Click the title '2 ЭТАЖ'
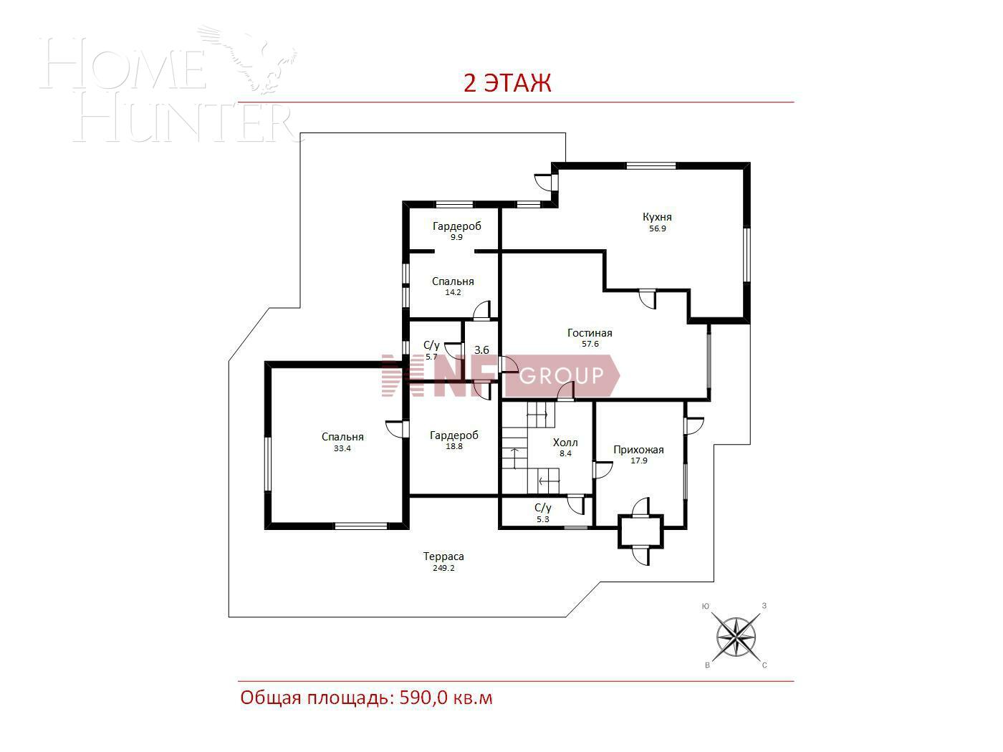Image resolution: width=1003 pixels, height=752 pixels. (x=507, y=83)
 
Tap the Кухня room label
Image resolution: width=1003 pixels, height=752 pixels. (x=657, y=217)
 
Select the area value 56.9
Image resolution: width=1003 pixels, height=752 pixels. (x=657, y=229)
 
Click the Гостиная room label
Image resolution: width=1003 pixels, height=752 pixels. (x=590, y=333)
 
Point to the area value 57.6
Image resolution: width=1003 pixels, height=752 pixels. (x=590, y=344)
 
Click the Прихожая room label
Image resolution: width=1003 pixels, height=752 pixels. (x=638, y=450)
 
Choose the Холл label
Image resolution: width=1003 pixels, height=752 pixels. (x=565, y=443)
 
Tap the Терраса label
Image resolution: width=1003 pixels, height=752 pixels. (x=443, y=556)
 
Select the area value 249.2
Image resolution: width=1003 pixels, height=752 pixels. (x=443, y=568)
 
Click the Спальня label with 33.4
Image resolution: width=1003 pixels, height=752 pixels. (x=342, y=437)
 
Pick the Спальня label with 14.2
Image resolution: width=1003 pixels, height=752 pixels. (x=453, y=281)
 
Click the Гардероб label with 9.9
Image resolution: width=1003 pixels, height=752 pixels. (x=456, y=226)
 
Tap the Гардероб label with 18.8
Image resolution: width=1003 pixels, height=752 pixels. (x=454, y=435)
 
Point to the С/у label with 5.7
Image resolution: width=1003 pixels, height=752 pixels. (x=431, y=345)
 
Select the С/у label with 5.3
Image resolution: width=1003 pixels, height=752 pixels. (x=542, y=508)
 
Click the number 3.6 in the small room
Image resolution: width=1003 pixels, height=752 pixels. (x=481, y=350)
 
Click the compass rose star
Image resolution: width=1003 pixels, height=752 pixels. (x=736, y=636)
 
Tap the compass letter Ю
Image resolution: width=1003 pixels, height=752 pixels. (x=706, y=607)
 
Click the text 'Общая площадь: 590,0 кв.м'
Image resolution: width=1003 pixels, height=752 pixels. (x=366, y=698)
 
